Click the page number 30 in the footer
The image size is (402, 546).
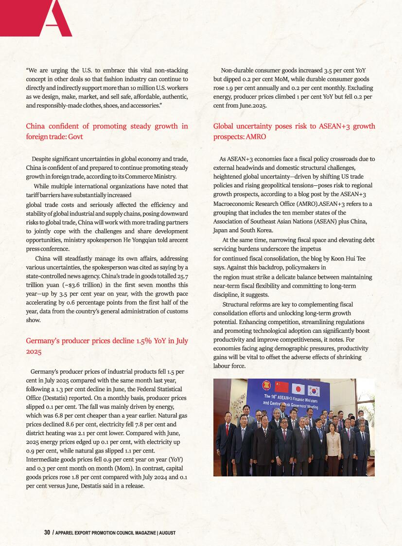click(47, 532)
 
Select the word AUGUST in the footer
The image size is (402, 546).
click(167, 533)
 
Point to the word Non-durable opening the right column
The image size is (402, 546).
click(238, 71)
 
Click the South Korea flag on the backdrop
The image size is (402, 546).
click(314, 390)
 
